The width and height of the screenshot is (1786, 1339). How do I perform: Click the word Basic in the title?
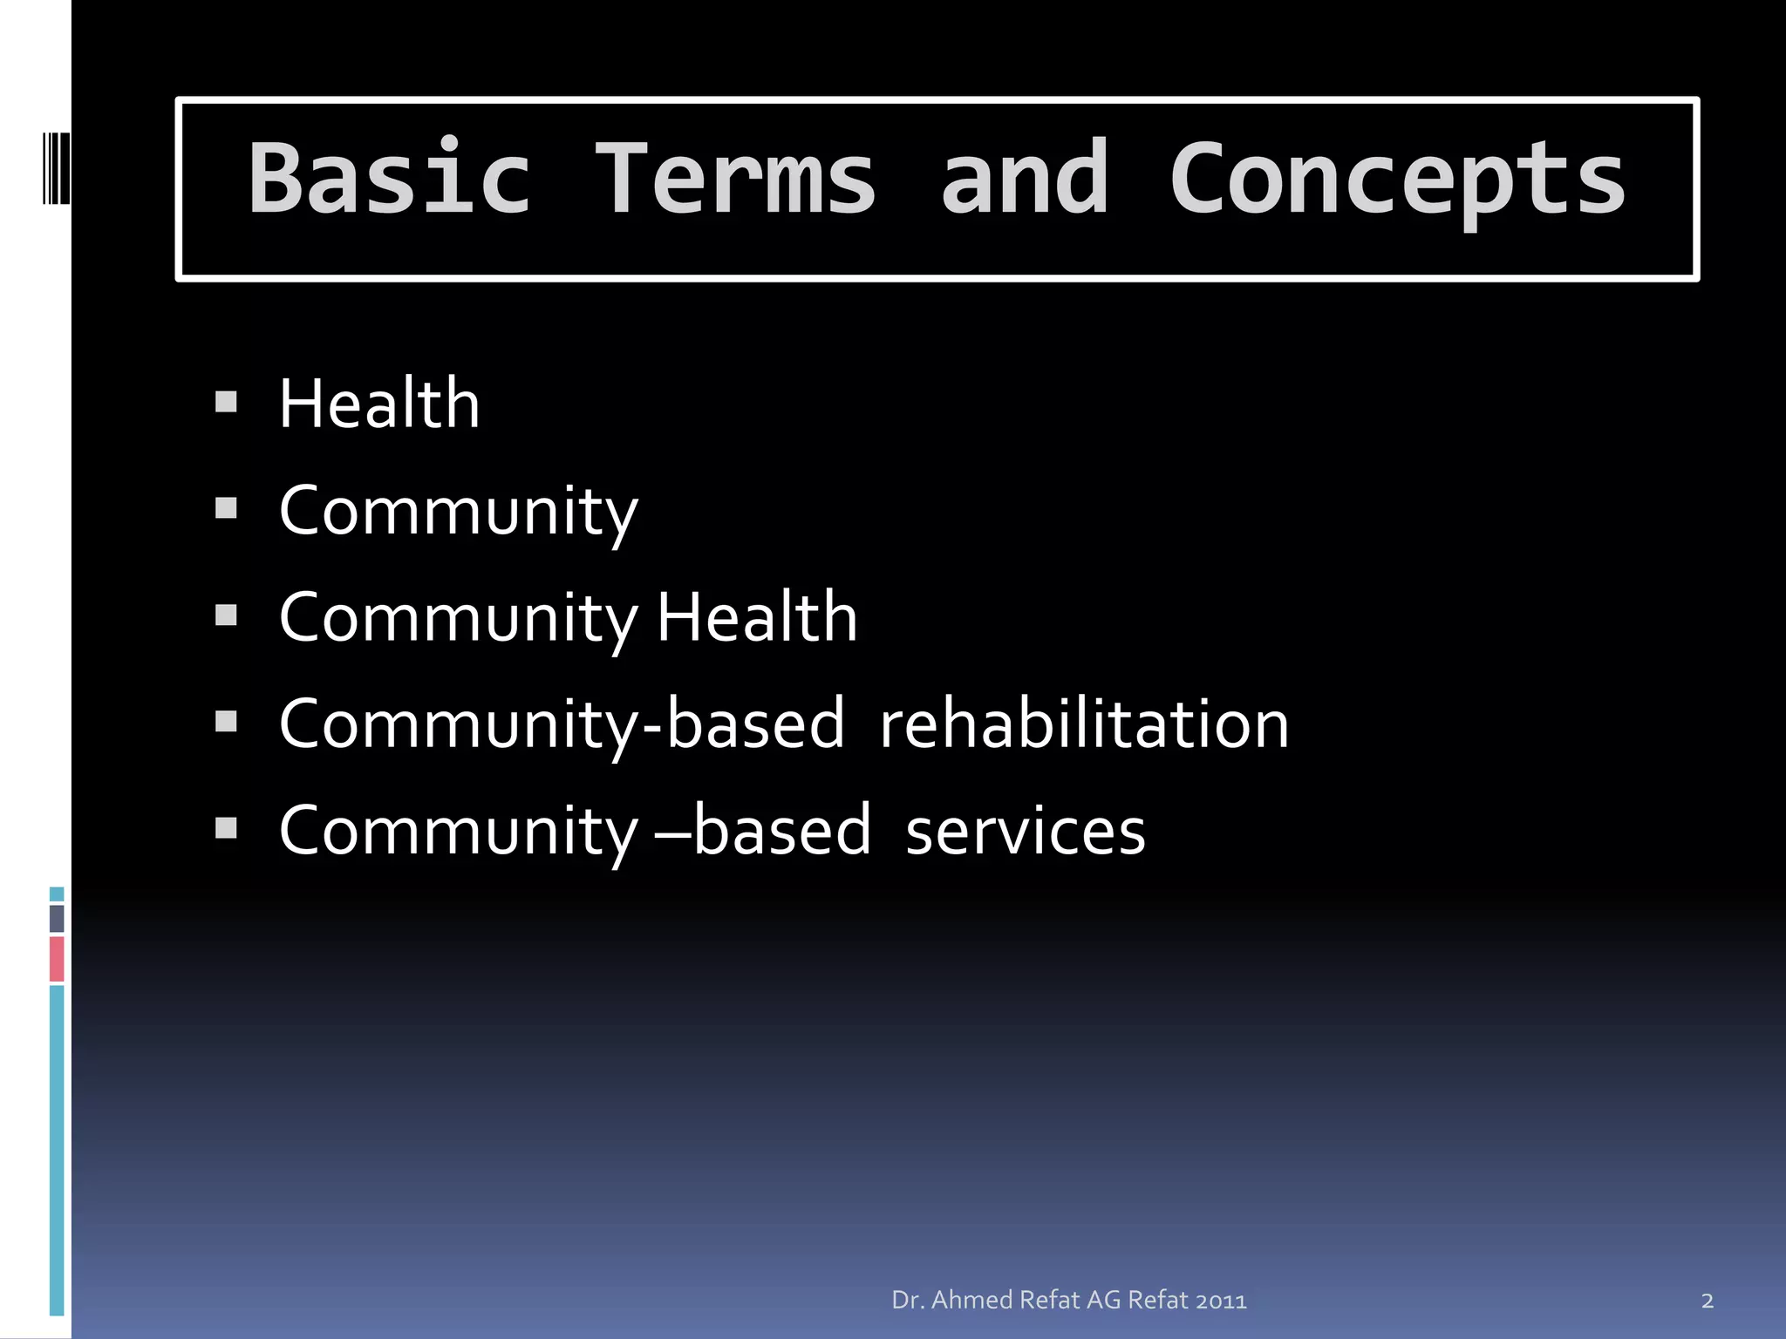click(389, 179)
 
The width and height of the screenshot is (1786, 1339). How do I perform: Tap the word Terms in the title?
click(734, 179)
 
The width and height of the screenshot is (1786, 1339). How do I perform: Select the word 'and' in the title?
click(1025, 179)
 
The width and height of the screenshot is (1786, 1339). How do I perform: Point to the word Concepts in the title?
click(1397, 179)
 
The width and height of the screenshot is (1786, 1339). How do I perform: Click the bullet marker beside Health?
click(226, 402)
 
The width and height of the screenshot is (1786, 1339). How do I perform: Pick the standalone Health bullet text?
click(379, 404)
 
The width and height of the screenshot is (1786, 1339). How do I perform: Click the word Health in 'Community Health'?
click(757, 617)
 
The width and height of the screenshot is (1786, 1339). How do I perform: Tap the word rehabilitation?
click(1084, 724)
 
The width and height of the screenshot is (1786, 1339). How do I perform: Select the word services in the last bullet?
click(1026, 830)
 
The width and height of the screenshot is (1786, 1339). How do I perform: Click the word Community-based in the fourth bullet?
click(562, 724)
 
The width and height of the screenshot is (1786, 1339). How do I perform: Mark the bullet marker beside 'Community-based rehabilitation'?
click(226, 722)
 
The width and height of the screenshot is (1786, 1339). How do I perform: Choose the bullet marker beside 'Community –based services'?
click(226, 828)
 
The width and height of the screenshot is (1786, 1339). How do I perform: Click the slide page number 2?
click(1707, 1302)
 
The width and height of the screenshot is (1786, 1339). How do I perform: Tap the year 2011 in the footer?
click(1221, 1301)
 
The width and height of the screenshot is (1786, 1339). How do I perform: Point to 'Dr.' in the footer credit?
click(907, 1301)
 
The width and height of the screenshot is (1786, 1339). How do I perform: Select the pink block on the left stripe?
click(57, 959)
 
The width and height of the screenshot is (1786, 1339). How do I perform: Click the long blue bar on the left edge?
click(57, 1151)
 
